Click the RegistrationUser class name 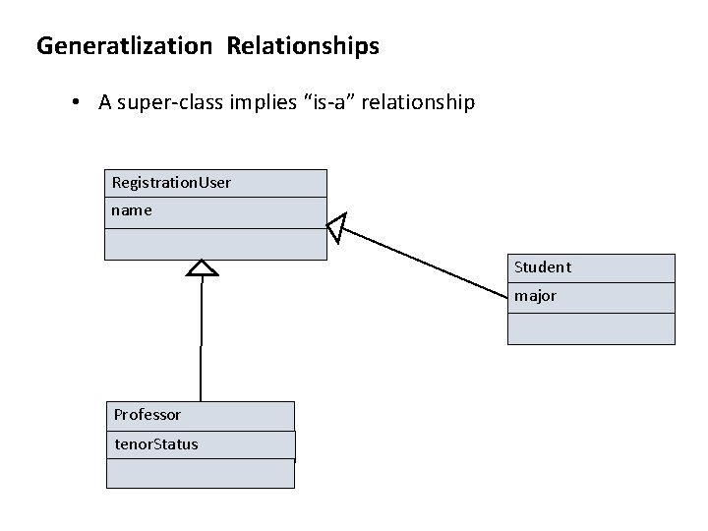172,183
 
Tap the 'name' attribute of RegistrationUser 132,210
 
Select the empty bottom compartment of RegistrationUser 215,244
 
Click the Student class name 542,267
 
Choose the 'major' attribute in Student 535,296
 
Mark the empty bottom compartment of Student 591,328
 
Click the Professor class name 147,415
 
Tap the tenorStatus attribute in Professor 155,444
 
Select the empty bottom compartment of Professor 200,474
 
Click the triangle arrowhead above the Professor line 202,268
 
